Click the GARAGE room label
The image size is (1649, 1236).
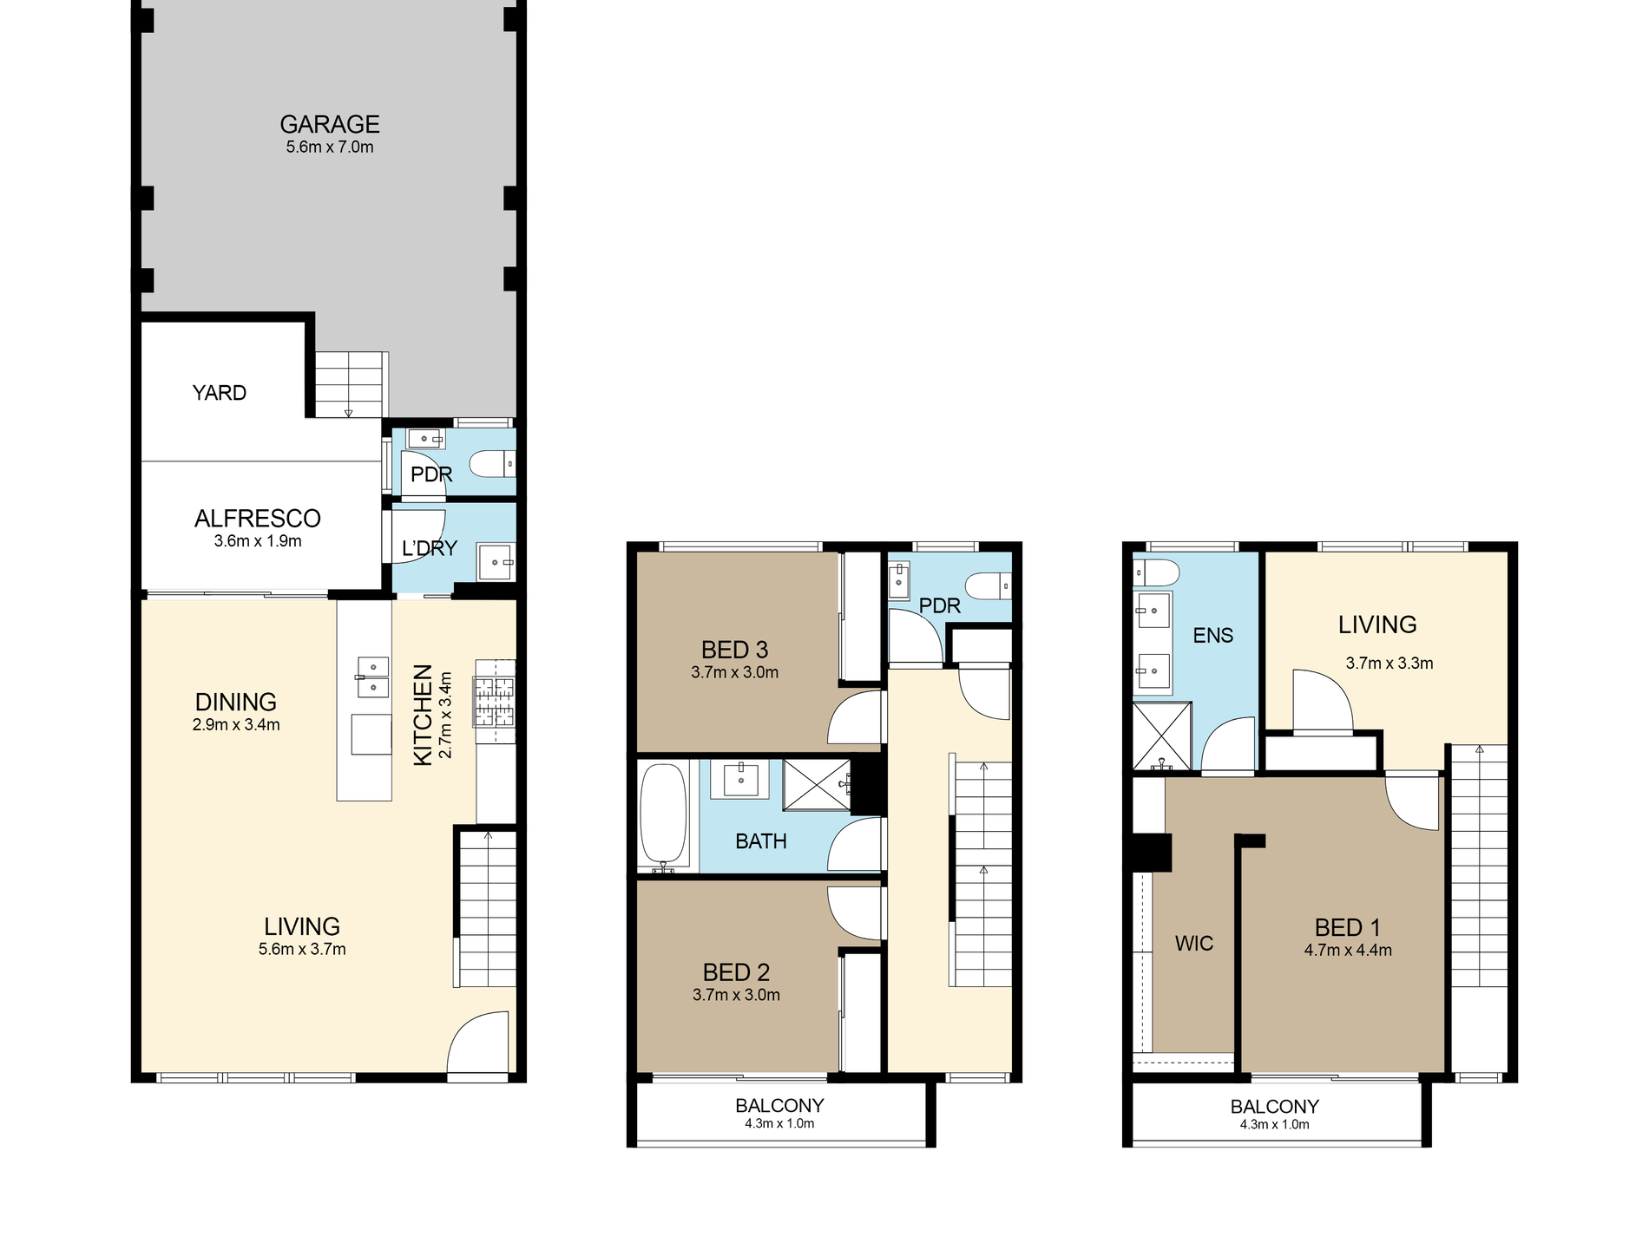point(329,125)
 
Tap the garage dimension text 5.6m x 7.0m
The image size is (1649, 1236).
point(330,147)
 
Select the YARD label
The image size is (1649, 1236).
point(220,393)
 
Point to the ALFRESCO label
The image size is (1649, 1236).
point(258,519)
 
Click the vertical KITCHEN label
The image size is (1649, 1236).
point(423,715)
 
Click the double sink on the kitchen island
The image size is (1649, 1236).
point(372,677)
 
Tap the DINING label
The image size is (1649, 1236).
point(236,702)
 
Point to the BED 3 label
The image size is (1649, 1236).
point(734,650)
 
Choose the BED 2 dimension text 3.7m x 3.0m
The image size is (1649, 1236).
point(736,996)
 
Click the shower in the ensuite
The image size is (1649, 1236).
point(1162,736)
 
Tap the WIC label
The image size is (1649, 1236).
point(1194,944)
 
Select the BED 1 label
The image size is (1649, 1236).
point(1347,928)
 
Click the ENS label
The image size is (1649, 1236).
point(1212,636)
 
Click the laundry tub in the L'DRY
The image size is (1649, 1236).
point(497,563)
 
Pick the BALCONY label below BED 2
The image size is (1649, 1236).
point(779,1106)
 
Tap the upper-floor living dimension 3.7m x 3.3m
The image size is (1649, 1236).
point(1389,664)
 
